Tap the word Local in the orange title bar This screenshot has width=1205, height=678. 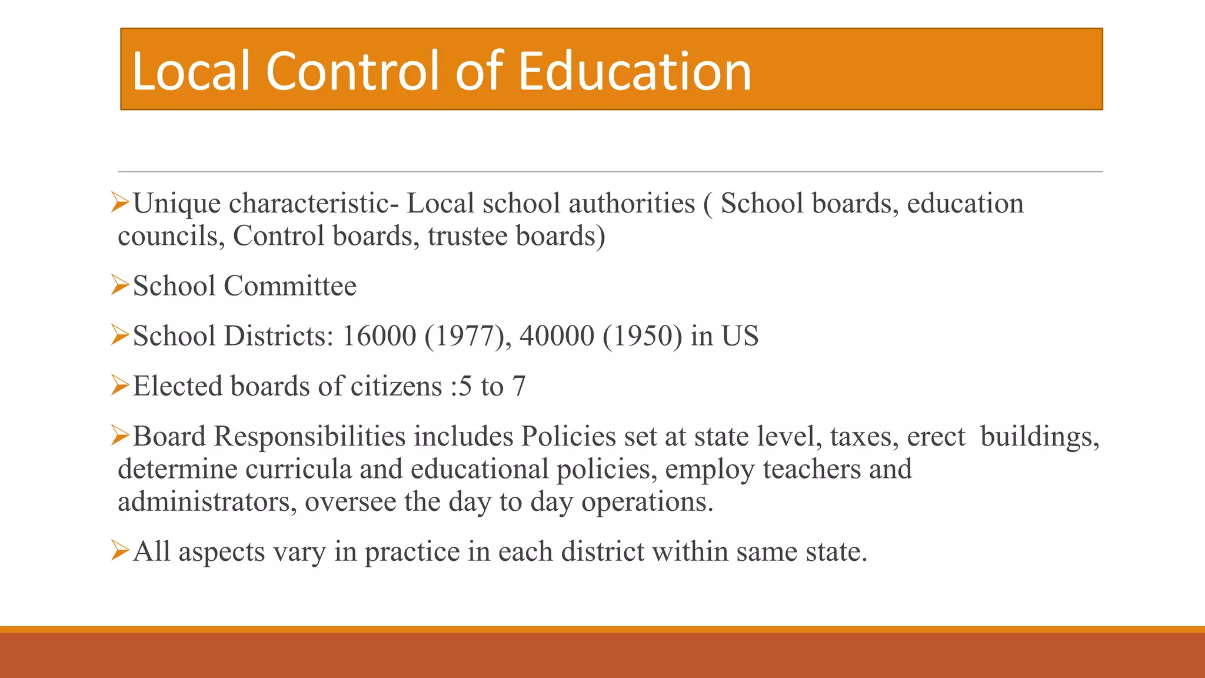coord(192,72)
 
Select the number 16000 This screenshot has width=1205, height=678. coord(379,337)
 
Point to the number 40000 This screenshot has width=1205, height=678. coord(557,337)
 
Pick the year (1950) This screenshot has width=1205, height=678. coord(642,337)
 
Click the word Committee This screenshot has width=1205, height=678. coord(290,287)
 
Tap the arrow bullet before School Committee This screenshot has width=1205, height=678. coord(120,285)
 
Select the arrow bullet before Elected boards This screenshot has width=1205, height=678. coord(120,385)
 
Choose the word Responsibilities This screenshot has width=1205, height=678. coord(309,437)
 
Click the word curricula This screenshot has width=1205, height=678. coord(298,470)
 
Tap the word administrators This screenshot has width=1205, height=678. coord(207,503)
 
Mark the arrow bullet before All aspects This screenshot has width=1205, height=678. coord(120,551)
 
